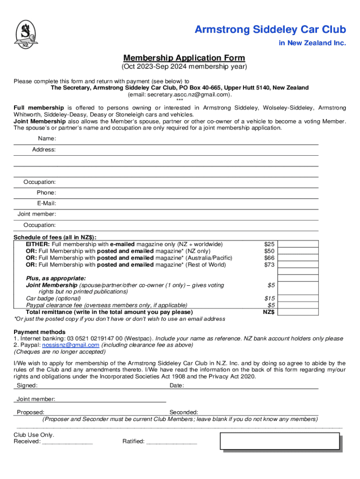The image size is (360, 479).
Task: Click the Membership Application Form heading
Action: point(184,58)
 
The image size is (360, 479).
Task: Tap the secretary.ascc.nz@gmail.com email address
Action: point(180,94)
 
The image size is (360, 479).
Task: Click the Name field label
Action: point(47,139)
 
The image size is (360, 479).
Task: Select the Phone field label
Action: point(46,193)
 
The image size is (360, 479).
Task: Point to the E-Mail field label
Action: point(47,203)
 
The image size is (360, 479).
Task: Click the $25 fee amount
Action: point(269,244)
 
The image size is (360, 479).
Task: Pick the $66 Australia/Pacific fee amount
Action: point(269,258)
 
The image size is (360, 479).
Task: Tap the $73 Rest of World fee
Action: point(269,265)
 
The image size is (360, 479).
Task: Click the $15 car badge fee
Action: point(269,298)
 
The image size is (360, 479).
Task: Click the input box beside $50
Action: point(298,251)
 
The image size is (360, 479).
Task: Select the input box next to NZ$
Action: point(298,312)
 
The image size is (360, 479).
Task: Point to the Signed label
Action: point(27,386)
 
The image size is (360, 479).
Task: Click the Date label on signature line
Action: point(177,386)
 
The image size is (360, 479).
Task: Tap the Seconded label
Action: point(184,413)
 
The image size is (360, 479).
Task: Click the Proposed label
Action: point(31,413)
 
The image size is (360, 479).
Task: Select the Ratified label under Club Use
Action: point(133,441)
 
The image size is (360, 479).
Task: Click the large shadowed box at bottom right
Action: point(280,441)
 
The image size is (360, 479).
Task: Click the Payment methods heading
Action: point(39,332)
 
